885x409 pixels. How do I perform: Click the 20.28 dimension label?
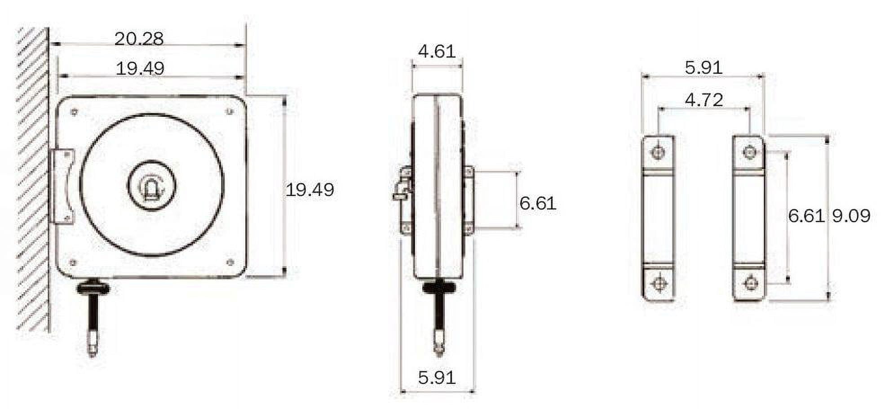(139, 39)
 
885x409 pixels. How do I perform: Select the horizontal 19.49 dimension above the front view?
(140, 69)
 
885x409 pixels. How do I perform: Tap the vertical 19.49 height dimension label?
(310, 190)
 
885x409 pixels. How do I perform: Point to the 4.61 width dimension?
(437, 52)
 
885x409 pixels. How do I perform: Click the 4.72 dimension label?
(704, 100)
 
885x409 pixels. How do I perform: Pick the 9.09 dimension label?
(851, 216)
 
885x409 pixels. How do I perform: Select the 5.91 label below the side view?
(437, 378)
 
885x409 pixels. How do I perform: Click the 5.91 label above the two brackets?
(704, 68)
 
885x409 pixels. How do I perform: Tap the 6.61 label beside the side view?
(538, 204)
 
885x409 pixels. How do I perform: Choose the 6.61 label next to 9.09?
(806, 216)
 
